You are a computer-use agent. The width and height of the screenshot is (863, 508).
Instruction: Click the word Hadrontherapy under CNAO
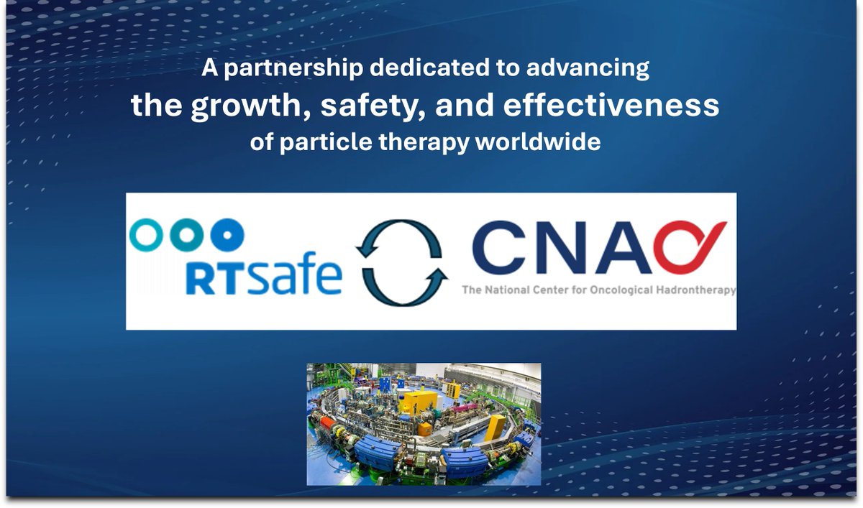point(701,291)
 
